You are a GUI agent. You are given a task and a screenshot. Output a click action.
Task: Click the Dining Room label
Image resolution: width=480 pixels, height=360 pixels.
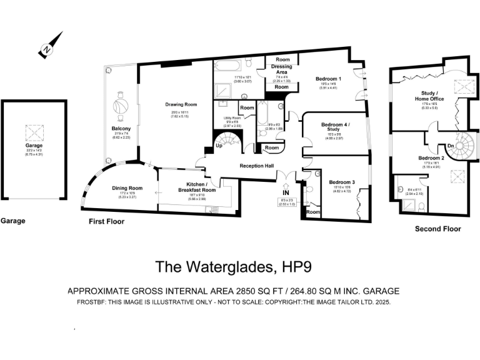pyautogui.click(x=127, y=188)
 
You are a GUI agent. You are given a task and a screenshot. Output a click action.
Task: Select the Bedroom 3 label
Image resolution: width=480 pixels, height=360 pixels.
pyautogui.click(x=342, y=182)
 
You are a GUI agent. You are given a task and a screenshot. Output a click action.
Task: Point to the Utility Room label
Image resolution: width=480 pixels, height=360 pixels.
pyautogui.click(x=232, y=117)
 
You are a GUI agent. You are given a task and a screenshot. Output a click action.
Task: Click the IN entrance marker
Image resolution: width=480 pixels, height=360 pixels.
pyautogui.click(x=285, y=193)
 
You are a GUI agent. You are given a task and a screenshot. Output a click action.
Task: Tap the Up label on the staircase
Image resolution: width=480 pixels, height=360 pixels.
pyautogui.click(x=219, y=146)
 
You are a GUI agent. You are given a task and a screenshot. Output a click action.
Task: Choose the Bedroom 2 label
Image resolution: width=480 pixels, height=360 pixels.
pyautogui.click(x=431, y=158)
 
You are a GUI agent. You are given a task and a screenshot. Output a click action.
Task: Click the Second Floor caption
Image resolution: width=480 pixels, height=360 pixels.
pyautogui.click(x=438, y=229)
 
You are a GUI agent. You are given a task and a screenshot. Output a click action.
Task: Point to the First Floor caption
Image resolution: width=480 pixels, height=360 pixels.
pyautogui.click(x=107, y=222)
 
